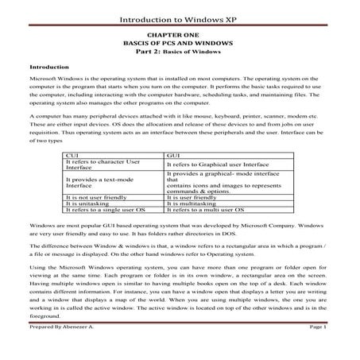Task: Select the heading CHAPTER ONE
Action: point(180,37)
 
